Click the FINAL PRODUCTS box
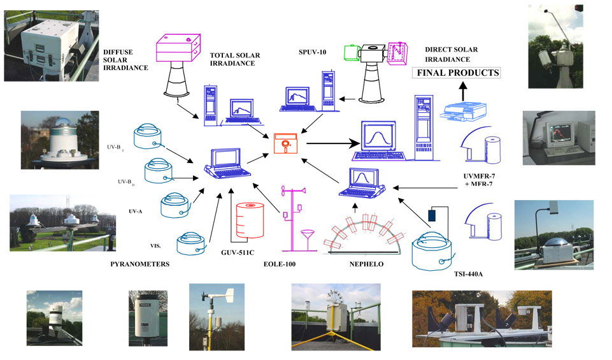coord(457,73)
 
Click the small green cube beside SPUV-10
coord(350,53)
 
